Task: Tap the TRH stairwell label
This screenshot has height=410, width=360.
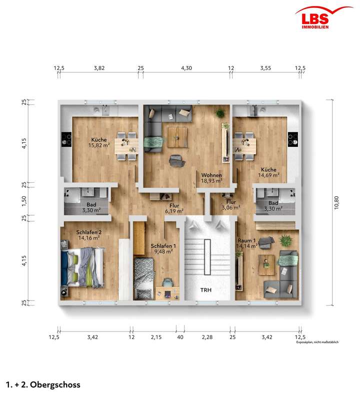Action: tap(205, 290)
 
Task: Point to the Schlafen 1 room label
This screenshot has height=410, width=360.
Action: tap(162, 249)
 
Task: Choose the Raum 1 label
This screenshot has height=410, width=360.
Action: tap(247, 243)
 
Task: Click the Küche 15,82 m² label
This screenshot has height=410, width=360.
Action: tap(98, 143)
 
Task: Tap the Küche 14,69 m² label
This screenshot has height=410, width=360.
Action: tap(268, 172)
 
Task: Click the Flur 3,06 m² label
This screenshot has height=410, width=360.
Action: tap(230, 205)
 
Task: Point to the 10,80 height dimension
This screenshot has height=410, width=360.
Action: tap(336, 201)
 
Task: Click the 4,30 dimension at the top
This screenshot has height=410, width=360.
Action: tap(186, 67)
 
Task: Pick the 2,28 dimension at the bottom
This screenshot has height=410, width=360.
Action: tap(206, 338)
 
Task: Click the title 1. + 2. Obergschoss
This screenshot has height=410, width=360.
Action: tap(42, 385)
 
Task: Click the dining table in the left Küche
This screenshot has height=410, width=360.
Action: tap(126, 145)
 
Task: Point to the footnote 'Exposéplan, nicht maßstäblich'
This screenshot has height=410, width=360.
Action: tap(317, 343)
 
